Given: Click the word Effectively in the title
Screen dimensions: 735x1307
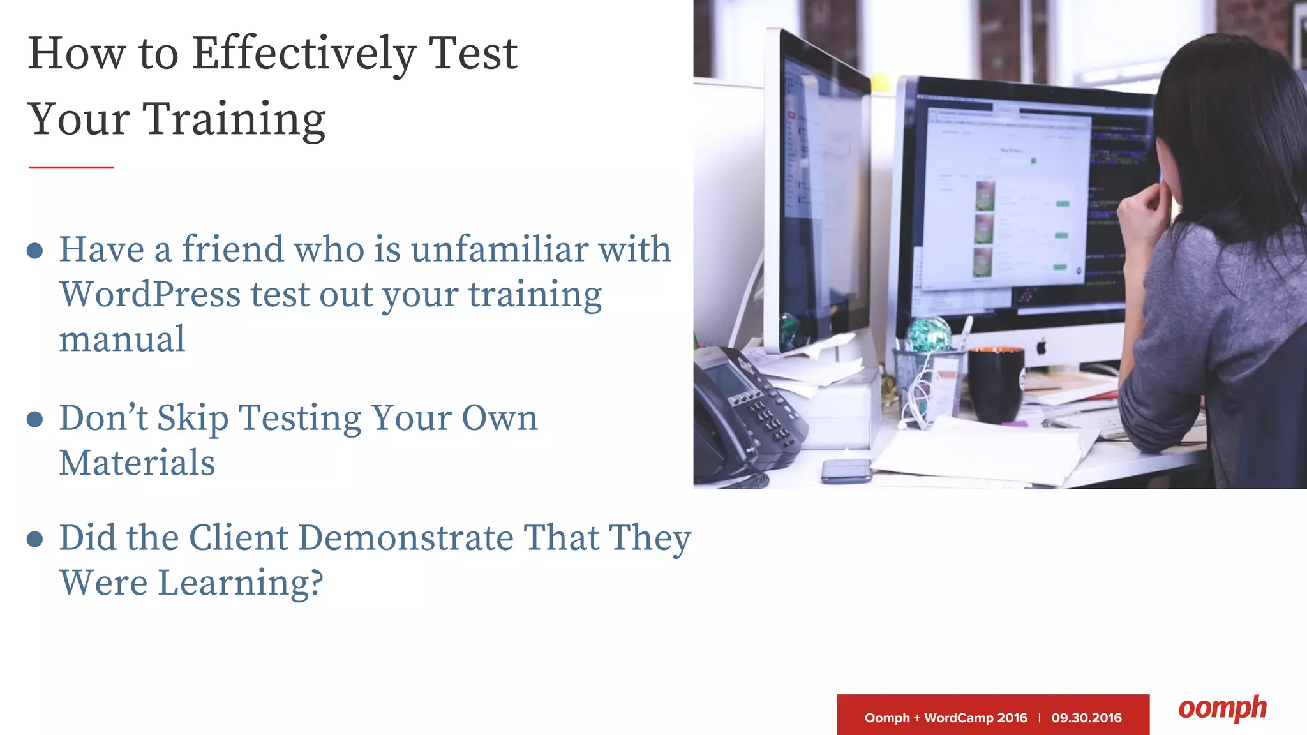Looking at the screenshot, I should (x=304, y=54).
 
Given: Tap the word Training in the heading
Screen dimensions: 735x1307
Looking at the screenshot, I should (x=235, y=120).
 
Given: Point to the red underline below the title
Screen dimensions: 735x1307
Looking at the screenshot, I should (x=71, y=167).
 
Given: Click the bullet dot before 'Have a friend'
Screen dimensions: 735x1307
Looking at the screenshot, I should (x=35, y=251).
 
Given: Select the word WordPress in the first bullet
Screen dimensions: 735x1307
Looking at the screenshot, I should (x=150, y=295).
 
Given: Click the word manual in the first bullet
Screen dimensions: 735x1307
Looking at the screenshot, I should (x=122, y=339).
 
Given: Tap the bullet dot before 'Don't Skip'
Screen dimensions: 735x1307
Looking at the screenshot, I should (x=35, y=419).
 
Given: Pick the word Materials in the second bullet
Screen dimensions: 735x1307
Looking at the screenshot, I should (x=137, y=463).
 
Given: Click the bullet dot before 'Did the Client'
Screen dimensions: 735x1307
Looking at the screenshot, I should (x=35, y=539).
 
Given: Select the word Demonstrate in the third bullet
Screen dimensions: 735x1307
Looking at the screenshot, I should (x=405, y=538).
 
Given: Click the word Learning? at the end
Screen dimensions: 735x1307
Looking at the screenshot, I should (x=241, y=583).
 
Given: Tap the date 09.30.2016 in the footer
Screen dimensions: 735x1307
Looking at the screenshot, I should (x=1086, y=718).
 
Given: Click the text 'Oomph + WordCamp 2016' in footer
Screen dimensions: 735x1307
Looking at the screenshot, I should (x=945, y=718).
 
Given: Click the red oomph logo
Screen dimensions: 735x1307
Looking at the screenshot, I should (x=1222, y=709).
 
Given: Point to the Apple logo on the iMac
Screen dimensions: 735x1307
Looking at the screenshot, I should (x=1041, y=348).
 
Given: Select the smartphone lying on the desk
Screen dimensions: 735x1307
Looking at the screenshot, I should (x=846, y=471).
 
